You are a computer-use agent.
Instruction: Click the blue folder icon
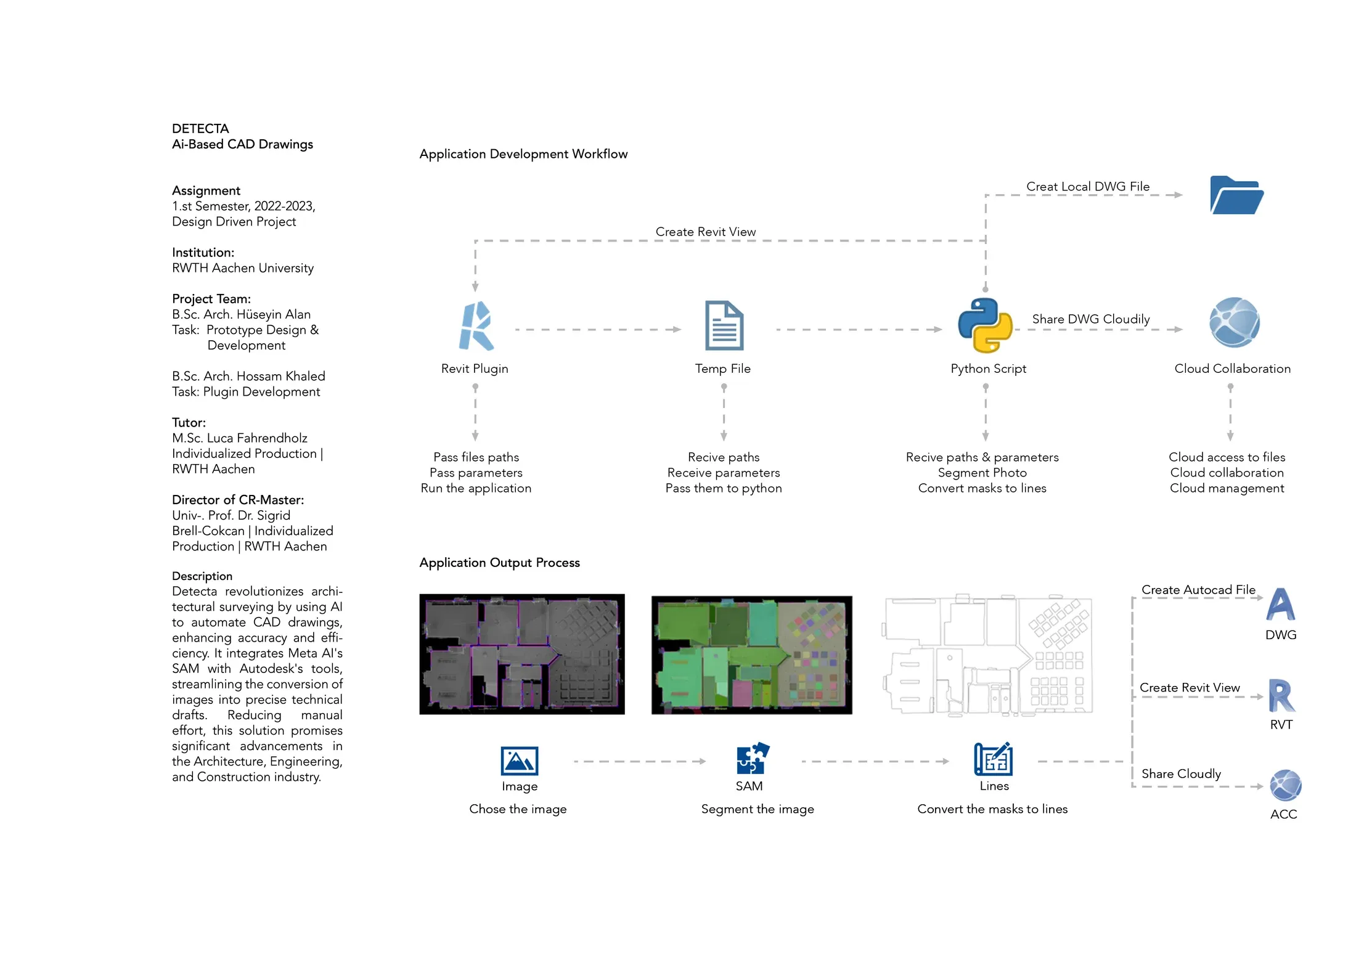tap(1236, 195)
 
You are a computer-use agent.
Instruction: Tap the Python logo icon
tap(985, 325)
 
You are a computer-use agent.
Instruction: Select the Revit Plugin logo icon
tap(476, 326)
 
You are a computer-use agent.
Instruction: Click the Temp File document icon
tap(724, 325)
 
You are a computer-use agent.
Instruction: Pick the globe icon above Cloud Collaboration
tap(1234, 322)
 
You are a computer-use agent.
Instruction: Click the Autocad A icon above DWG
tap(1280, 604)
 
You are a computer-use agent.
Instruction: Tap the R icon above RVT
tap(1281, 695)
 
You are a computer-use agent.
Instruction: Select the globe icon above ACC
tap(1285, 786)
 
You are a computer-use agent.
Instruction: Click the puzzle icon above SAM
tap(753, 758)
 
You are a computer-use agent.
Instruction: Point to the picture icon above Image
tap(520, 761)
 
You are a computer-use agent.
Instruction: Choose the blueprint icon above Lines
tap(993, 759)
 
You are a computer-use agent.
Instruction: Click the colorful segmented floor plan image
tap(752, 655)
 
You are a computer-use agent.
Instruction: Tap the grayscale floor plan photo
tap(522, 655)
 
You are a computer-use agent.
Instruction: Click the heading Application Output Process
tap(500, 563)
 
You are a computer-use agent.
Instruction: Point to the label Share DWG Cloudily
tap(1091, 319)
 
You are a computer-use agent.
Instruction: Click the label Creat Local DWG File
tap(1088, 186)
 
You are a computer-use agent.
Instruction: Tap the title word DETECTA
tap(200, 129)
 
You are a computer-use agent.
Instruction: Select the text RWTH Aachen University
tap(243, 268)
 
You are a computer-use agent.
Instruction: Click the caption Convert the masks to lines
tap(992, 809)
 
